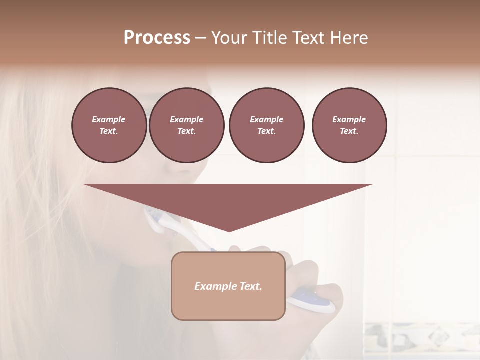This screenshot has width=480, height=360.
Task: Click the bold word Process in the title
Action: coord(157,38)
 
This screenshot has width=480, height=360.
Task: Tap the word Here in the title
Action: coord(348,38)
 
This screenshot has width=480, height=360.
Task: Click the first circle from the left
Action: coord(109,125)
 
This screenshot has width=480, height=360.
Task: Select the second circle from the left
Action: coord(186,125)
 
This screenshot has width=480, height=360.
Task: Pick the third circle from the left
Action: coord(266,125)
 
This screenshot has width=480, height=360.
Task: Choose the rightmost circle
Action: coord(349,125)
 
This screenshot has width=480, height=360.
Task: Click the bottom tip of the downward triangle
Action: coord(229,230)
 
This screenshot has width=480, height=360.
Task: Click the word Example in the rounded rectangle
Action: coord(213,286)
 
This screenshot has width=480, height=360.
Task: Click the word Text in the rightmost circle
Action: coord(349,131)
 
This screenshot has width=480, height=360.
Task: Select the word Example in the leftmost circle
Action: coord(109,119)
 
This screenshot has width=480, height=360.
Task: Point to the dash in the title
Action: coord(200,38)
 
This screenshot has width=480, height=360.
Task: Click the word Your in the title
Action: coord(228,38)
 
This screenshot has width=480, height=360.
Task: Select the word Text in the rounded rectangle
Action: coord(249,286)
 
